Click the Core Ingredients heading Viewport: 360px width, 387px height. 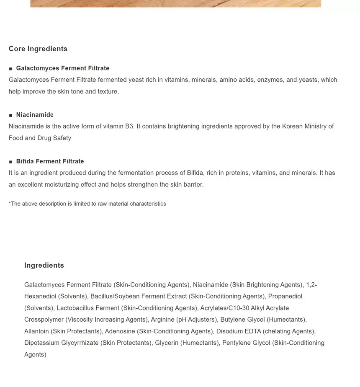pos(38,49)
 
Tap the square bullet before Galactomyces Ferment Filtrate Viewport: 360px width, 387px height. pos(11,68)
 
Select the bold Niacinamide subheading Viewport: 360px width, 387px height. pos(35,115)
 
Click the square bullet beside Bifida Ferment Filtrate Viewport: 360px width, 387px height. pos(11,161)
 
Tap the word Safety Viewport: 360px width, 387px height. pos(62,138)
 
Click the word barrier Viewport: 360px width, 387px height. pos(193,184)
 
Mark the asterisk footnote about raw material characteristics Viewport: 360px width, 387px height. pos(87,204)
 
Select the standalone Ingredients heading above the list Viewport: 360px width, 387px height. pos(44,265)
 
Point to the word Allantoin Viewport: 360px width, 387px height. pos(36,331)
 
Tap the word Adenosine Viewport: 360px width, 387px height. pos(120,331)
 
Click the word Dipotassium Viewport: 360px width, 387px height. pos(41,343)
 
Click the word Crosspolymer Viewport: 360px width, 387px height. pos(44,320)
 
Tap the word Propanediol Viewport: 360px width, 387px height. pos(285,296)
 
